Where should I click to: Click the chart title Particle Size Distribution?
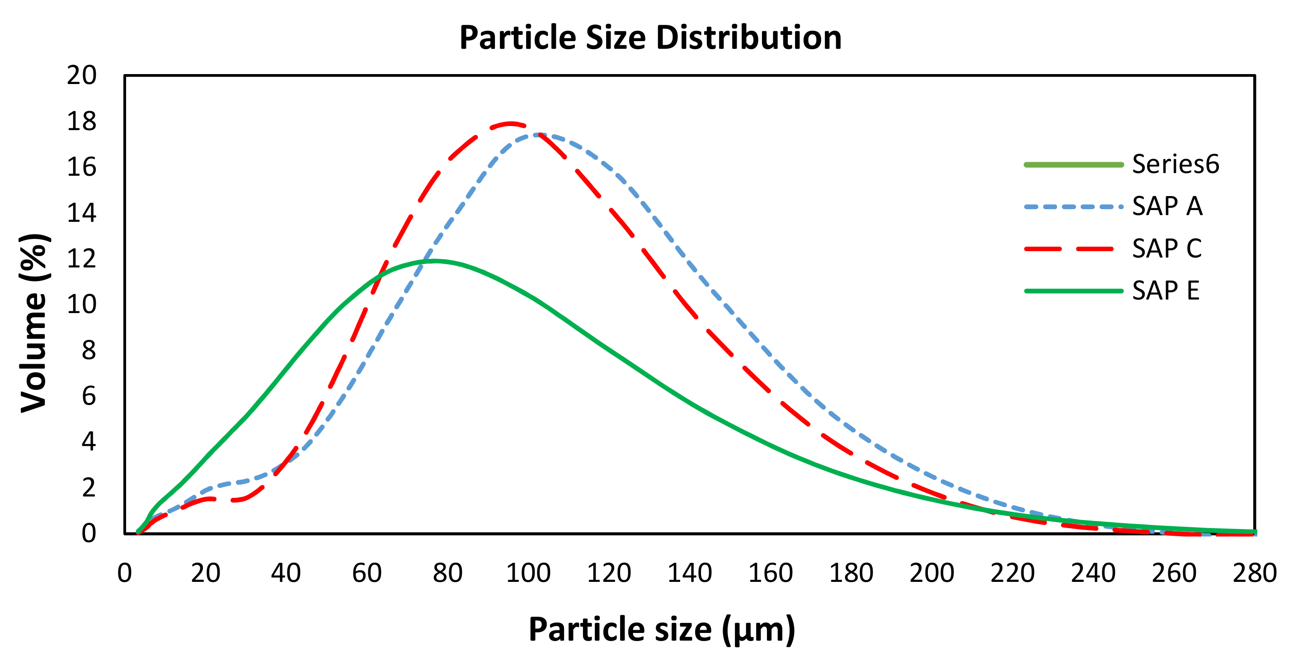[650, 38]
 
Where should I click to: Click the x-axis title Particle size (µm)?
[662, 630]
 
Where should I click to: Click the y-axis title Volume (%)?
[34, 323]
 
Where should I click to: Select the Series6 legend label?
[1175, 164]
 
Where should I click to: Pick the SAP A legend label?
[1167, 206]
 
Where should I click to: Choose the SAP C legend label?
[1166, 248]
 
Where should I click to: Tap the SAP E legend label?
[1166, 290]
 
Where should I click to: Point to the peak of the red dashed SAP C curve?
[510, 123]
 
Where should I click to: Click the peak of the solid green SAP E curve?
[434, 261]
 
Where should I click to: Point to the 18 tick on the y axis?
[82, 122]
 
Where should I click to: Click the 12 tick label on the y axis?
[82, 259]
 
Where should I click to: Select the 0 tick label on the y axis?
[89, 533]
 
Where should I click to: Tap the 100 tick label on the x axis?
[528, 573]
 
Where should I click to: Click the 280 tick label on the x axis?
[1254, 573]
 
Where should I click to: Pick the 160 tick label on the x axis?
[771, 573]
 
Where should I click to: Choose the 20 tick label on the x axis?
[206, 573]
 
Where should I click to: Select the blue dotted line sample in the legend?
[1073, 207]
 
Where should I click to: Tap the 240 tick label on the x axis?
[1093, 573]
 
